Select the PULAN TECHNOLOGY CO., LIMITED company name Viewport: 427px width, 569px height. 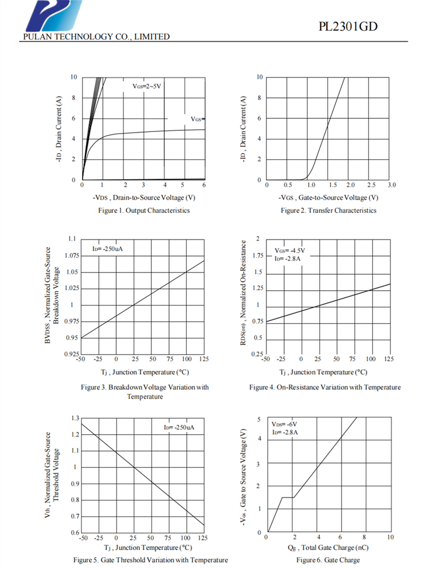(x=96, y=37)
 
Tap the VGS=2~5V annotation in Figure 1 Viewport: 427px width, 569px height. (x=147, y=86)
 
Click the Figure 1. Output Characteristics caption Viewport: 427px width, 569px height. (x=143, y=211)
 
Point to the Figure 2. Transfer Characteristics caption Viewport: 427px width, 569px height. (x=329, y=211)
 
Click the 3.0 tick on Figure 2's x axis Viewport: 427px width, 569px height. (x=391, y=185)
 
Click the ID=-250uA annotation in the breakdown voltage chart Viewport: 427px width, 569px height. (x=108, y=249)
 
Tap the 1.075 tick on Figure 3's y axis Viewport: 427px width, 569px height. (x=71, y=255)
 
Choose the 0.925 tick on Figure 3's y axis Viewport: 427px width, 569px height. (x=71, y=354)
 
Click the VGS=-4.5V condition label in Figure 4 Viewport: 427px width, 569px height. (x=289, y=250)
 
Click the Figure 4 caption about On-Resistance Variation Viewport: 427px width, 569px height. (x=325, y=387)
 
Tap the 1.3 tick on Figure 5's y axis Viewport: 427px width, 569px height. (x=75, y=418)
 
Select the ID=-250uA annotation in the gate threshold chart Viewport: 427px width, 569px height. (x=179, y=427)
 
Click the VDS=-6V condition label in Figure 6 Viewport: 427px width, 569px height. (x=285, y=424)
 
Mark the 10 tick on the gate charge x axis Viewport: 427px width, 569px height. (x=391, y=537)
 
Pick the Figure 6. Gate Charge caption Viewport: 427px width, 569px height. (x=328, y=560)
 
